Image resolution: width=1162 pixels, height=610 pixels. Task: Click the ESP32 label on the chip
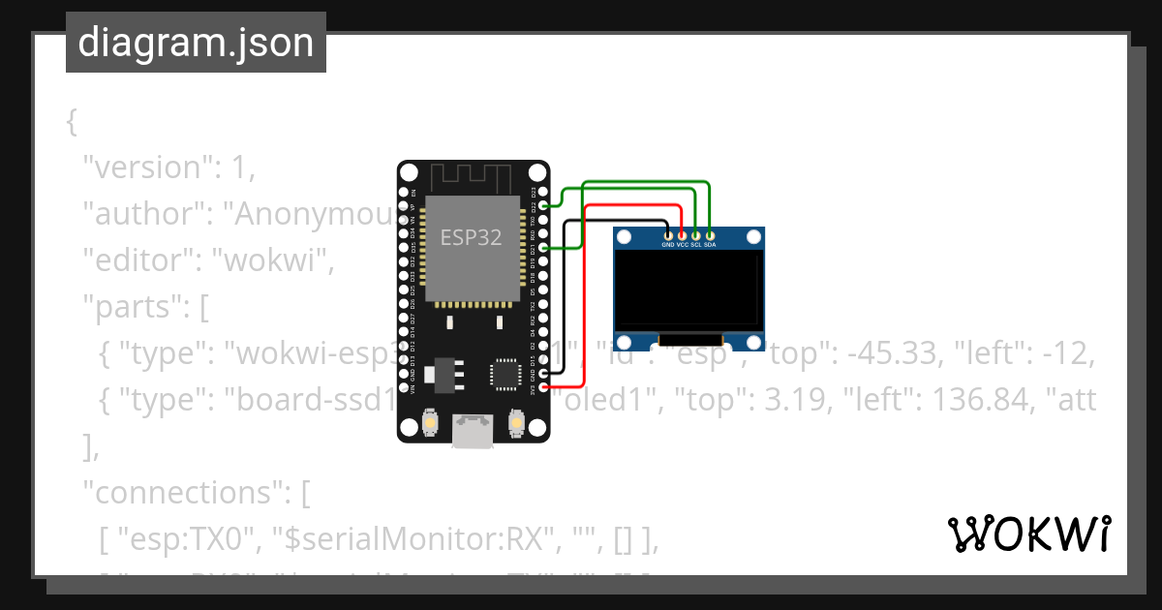tap(471, 237)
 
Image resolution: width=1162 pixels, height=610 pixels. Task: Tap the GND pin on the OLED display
tap(668, 234)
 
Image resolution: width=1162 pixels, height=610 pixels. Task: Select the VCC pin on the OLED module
tap(682, 234)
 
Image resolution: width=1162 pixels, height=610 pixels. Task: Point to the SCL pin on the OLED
tap(695, 234)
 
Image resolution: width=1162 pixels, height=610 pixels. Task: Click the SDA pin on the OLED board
tap(710, 234)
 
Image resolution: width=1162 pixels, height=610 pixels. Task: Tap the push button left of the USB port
tap(431, 423)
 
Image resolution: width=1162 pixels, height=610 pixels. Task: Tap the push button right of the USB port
tap(516, 423)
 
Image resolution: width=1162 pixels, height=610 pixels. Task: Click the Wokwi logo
tap(1028, 534)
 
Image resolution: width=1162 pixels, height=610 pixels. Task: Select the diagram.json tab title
tap(196, 43)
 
